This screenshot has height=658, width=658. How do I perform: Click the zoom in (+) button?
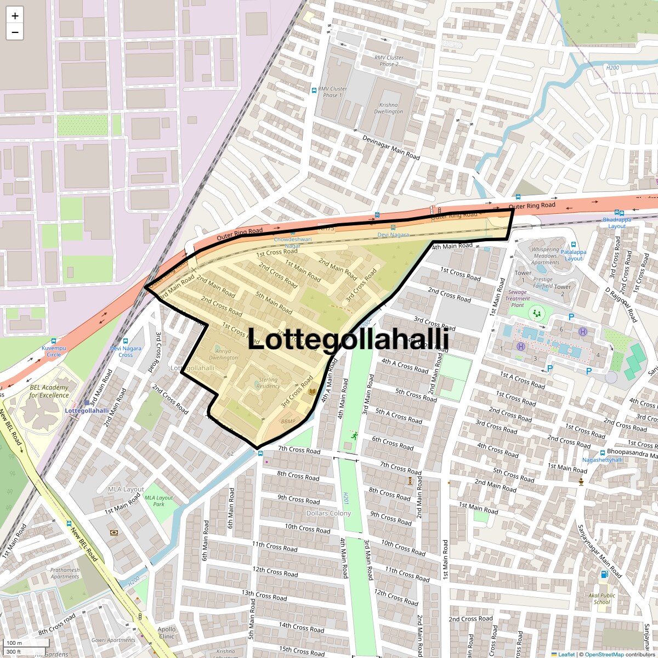pyautogui.click(x=15, y=16)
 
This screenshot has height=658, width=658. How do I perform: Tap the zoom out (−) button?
pyautogui.click(x=15, y=32)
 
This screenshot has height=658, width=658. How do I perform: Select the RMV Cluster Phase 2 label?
pyautogui.click(x=389, y=61)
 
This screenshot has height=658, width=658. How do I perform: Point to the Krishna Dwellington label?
pyautogui.click(x=388, y=108)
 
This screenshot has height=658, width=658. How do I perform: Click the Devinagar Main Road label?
pyautogui.click(x=390, y=148)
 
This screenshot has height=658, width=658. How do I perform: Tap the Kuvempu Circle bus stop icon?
pyautogui.click(x=54, y=341)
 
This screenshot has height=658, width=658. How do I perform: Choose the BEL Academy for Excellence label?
pyautogui.click(x=49, y=391)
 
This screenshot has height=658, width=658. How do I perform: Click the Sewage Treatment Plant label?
pyautogui.click(x=518, y=299)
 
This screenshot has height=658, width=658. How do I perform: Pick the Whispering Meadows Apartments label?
pyautogui.click(x=545, y=256)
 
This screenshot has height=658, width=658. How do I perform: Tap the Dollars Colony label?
pyautogui.click(x=328, y=513)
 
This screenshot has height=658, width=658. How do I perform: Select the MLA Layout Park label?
pyautogui.click(x=158, y=501)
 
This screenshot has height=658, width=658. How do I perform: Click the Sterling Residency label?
pyautogui.click(x=268, y=383)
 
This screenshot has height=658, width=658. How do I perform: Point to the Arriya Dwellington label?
pyautogui.click(x=223, y=354)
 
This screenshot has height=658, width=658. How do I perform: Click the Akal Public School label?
pyautogui.click(x=602, y=598)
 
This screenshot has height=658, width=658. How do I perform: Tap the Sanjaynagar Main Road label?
pyautogui.click(x=600, y=551)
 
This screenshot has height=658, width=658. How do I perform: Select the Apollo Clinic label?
pyautogui.click(x=167, y=633)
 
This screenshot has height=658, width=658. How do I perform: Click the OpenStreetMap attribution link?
pyautogui.click(x=604, y=654)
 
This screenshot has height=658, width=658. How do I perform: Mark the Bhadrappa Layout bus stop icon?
pyautogui.click(x=619, y=213)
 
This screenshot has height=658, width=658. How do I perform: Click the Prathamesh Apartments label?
pyautogui.click(x=65, y=573)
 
